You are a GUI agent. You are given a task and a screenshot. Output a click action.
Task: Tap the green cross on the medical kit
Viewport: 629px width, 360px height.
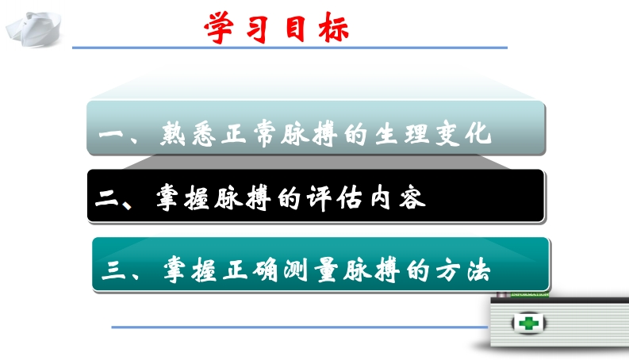528,323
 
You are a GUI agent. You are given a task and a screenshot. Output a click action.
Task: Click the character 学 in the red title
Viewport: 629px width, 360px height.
220,27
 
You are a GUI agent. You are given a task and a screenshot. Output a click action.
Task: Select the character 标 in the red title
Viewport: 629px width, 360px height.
334,27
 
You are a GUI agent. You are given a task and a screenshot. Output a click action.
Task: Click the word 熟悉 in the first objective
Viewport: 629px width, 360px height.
188,134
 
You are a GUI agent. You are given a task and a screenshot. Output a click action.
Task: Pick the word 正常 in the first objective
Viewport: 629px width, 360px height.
251,133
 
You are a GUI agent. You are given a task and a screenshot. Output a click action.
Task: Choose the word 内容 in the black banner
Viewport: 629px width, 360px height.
398,198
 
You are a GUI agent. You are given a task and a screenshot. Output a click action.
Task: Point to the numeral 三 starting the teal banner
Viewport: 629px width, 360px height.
113,270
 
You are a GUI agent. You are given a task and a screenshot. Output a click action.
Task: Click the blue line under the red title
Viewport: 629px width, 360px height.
290,48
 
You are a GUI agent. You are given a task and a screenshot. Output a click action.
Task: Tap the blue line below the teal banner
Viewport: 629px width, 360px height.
299,327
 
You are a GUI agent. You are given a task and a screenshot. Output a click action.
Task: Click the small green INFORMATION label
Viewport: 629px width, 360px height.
530,295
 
